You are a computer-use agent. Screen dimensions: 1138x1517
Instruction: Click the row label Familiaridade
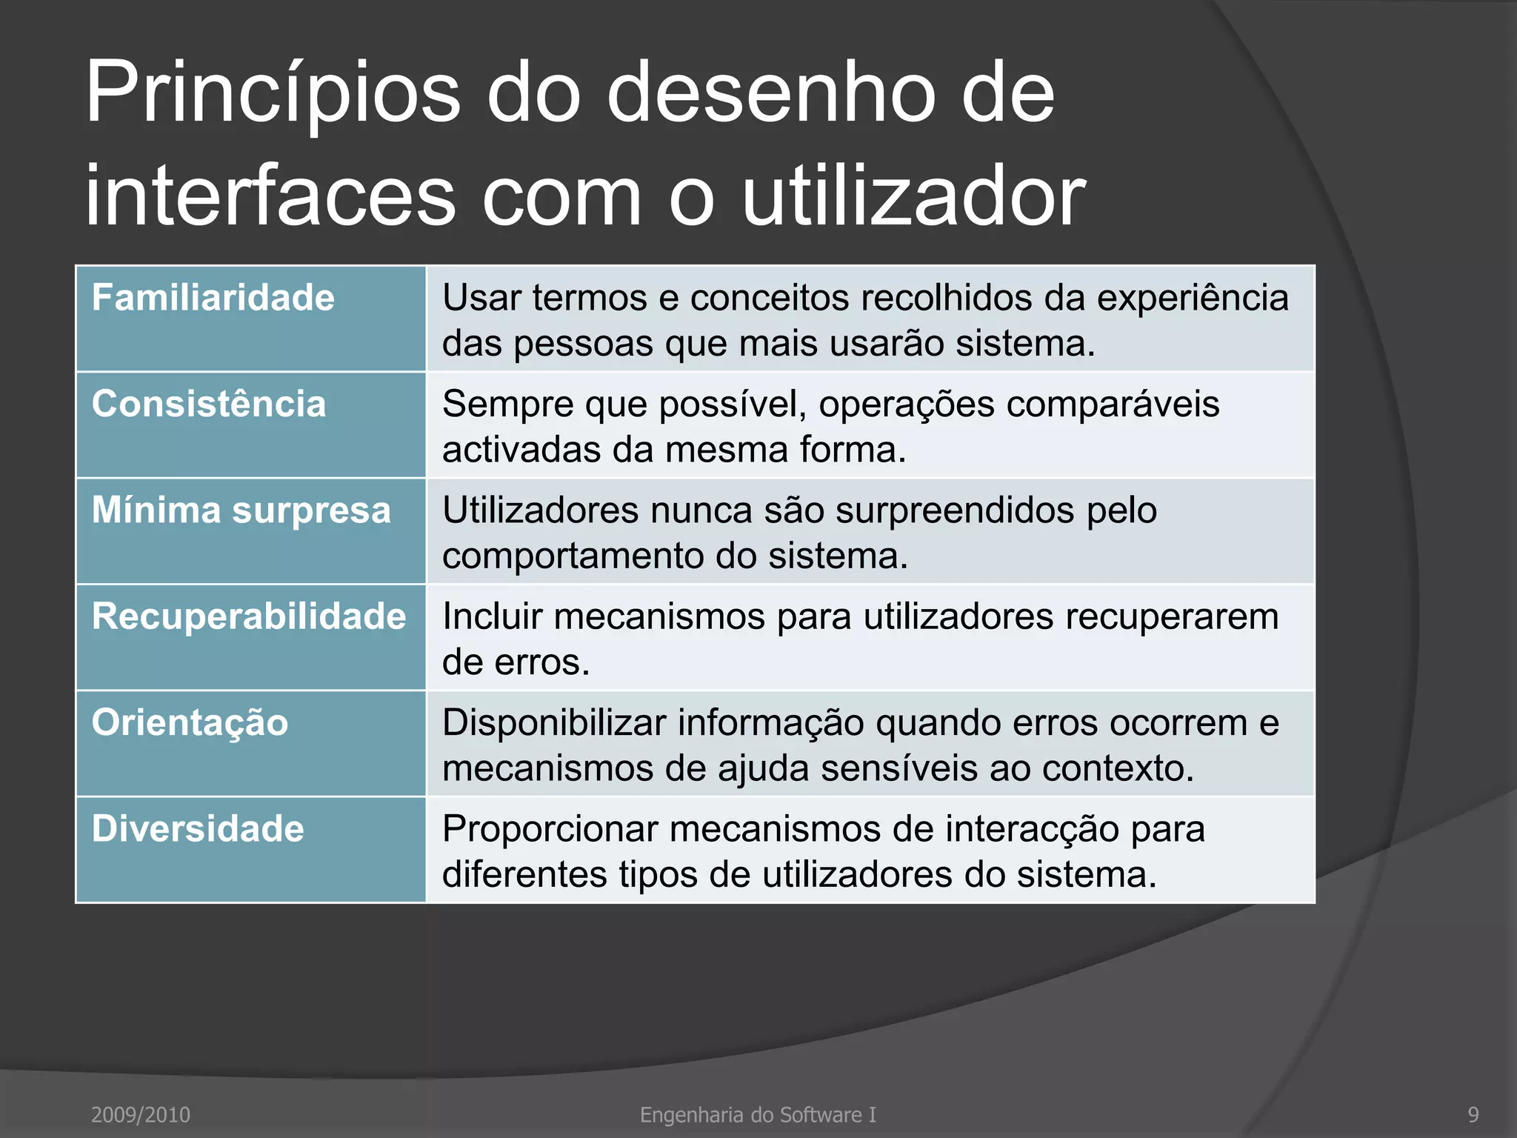point(213,298)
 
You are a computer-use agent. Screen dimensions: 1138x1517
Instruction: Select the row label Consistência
point(209,405)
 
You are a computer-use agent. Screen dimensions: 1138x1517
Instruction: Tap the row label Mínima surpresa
point(241,510)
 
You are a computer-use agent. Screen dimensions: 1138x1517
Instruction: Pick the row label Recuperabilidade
point(249,616)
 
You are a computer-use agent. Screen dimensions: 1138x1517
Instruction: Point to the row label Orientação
point(190,722)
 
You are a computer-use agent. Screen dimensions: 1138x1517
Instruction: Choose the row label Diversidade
point(198,828)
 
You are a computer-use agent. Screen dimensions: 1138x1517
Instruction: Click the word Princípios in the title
point(273,95)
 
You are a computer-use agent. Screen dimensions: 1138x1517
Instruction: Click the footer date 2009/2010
point(141,1114)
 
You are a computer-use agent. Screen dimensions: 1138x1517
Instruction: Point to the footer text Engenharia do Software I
point(758,1114)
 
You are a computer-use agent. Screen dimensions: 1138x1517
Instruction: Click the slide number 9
point(1473,1114)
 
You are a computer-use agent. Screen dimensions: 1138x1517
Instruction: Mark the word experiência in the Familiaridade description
point(1193,299)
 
